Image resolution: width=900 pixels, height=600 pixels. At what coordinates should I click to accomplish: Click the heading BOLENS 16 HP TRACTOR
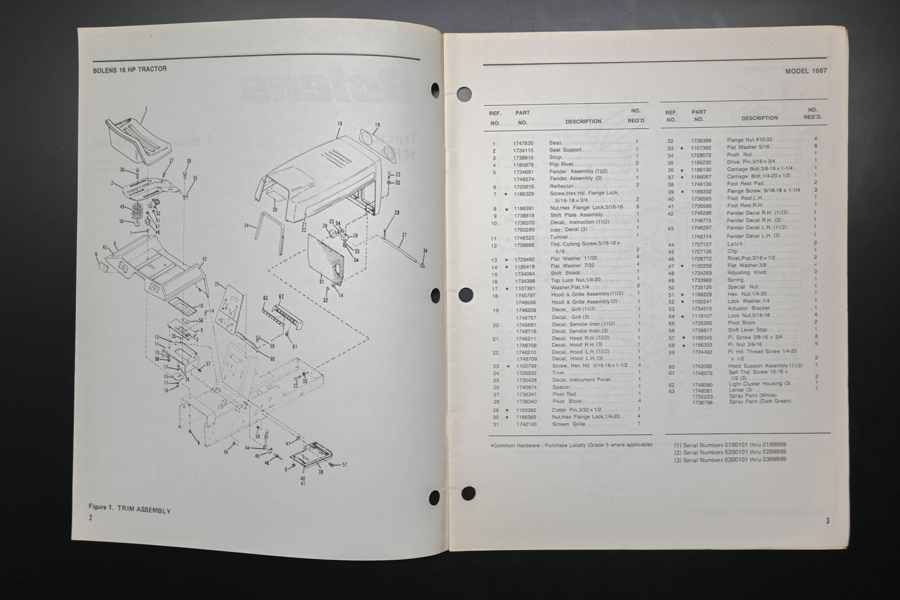[x=129, y=69]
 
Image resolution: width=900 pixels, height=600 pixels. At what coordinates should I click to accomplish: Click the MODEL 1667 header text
[x=805, y=71]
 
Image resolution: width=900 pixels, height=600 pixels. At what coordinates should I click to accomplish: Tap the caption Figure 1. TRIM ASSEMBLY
[x=130, y=510]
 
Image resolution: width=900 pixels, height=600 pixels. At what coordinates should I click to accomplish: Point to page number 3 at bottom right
[x=828, y=520]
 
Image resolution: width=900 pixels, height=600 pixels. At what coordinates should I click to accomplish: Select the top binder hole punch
[x=464, y=94]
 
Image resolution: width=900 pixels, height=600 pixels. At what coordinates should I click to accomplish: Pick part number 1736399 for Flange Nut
[x=701, y=140]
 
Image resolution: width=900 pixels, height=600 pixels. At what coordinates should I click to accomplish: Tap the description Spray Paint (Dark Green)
[x=760, y=402]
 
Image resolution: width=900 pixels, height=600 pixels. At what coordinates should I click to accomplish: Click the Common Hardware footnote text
[x=571, y=444]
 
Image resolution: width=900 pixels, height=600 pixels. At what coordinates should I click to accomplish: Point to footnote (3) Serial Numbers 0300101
[x=729, y=459]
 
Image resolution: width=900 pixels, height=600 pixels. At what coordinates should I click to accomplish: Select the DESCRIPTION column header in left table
[x=583, y=121]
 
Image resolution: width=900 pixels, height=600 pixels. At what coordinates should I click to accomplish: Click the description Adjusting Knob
[x=746, y=273]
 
